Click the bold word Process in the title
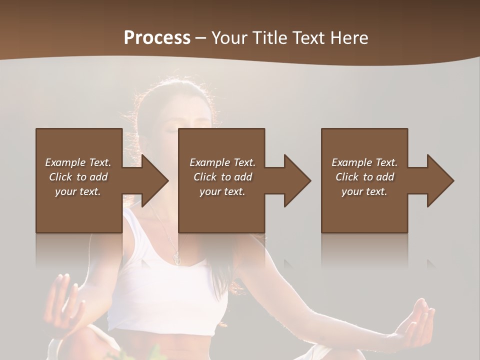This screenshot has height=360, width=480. coord(157,38)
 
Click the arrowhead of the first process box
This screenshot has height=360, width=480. coord(152,180)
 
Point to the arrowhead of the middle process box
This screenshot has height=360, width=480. coord(295,180)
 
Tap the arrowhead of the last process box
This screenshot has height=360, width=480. coord(438,180)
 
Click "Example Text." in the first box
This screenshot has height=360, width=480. coord(78,162)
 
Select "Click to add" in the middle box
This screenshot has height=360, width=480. coord(222,177)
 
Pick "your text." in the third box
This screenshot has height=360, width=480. coord(364,191)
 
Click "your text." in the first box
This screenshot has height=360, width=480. coord(78,191)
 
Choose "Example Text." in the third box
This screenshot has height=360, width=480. coord(364,162)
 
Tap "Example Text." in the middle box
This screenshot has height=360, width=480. coord(222,162)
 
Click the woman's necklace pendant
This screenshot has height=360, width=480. coord(176,257)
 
